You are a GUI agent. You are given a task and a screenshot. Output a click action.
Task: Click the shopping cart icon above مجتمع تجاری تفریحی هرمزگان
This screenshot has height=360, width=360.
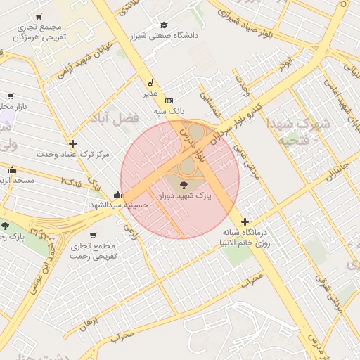(38, 16)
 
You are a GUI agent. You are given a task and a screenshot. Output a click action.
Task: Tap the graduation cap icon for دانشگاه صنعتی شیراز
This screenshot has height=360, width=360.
(164, 24)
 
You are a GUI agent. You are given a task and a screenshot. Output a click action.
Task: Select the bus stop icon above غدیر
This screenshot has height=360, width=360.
(150, 82)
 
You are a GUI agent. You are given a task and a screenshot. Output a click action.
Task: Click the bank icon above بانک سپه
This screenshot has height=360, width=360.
(169, 101)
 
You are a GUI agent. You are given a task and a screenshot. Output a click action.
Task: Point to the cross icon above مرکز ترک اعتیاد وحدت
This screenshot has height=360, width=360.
(73, 143)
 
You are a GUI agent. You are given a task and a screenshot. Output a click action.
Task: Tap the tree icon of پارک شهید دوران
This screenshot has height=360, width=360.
(184, 186)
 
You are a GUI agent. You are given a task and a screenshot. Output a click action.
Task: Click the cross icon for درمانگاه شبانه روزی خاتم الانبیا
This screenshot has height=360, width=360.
(245, 221)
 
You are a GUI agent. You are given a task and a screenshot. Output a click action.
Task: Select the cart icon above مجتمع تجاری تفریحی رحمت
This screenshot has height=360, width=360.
(93, 236)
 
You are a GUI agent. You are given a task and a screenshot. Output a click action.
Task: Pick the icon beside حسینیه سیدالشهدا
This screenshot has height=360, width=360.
(117, 195)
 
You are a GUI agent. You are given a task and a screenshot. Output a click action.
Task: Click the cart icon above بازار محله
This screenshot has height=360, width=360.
(11, 96)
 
